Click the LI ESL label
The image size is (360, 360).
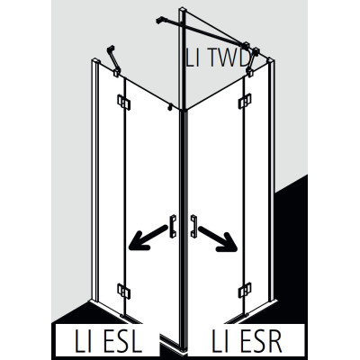click(x=108, y=341)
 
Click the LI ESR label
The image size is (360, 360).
click(x=247, y=341)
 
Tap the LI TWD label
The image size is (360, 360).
click(x=217, y=58)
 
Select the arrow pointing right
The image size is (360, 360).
click(x=218, y=238)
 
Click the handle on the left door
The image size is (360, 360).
click(x=173, y=227)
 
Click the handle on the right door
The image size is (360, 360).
click(x=193, y=227)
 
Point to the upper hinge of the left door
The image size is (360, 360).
click(x=123, y=103)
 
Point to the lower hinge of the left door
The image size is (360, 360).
click(x=123, y=291)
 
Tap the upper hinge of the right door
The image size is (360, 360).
click(x=245, y=102)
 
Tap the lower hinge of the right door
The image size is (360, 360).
click(x=245, y=290)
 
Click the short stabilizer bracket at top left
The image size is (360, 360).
click(x=113, y=61)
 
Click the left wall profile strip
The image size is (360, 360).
click(x=95, y=180)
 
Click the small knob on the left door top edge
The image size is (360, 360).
click(x=170, y=107)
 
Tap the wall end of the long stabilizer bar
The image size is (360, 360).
click(x=159, y=21)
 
